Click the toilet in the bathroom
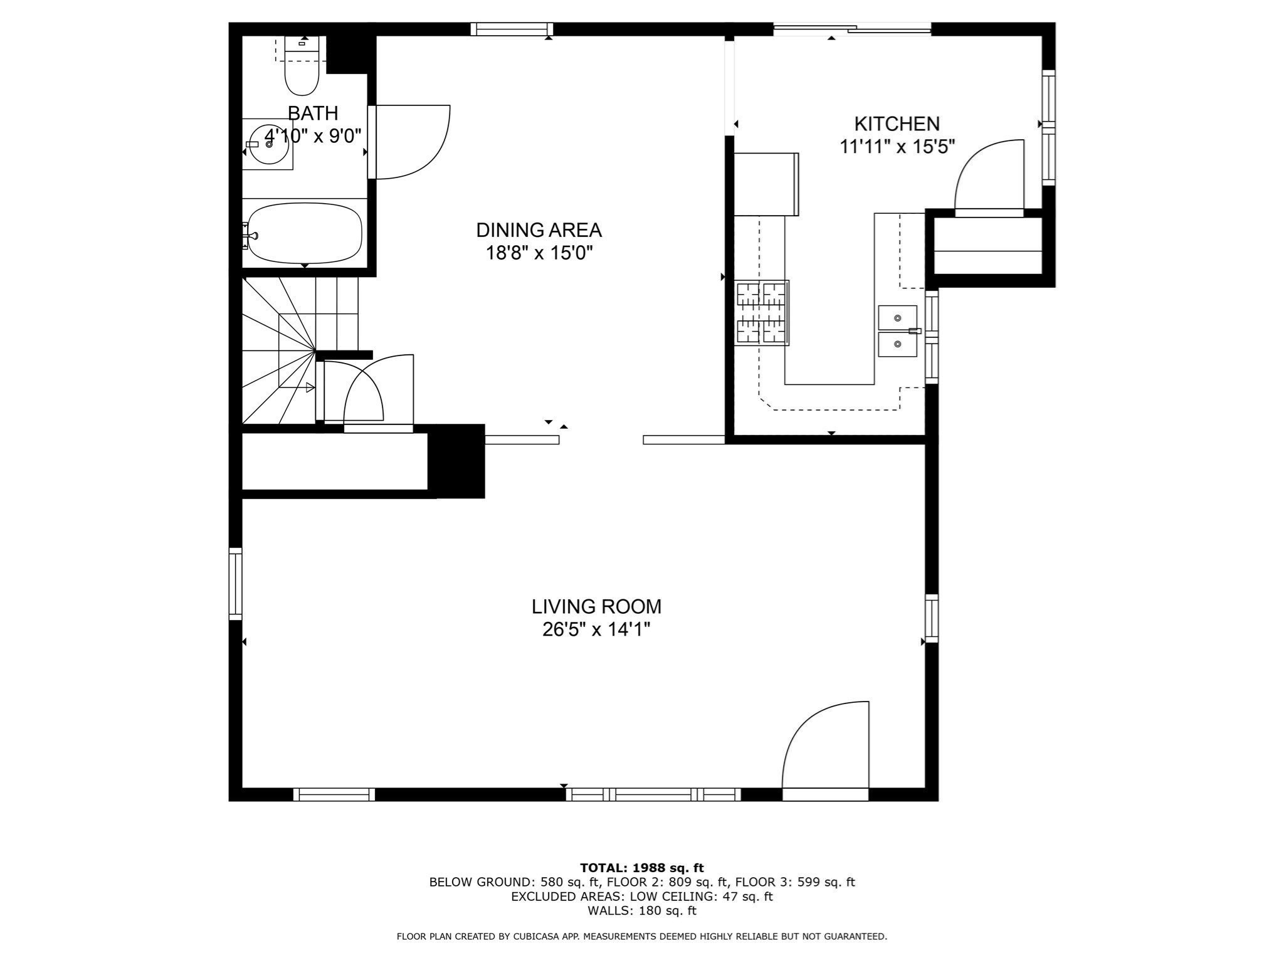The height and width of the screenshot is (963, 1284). (302, 68)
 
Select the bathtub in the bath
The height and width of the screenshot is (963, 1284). (305, 233)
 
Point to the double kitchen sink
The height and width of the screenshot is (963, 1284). (897, 331)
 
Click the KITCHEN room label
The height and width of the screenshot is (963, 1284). (897, 124)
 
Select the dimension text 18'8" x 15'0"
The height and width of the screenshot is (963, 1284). (539, 253)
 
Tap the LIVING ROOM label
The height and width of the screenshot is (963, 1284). (596, 607)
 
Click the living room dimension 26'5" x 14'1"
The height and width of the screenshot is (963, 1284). (596, 629)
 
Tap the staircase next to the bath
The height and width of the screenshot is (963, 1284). (295, 351)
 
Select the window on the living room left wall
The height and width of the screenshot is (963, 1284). (236, 584)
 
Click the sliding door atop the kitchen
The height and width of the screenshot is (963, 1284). (851, 28)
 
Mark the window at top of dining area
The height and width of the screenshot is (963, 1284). (512, 29)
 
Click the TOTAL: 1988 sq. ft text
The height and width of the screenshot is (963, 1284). (641, 868)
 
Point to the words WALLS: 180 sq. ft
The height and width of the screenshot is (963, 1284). (641, 911)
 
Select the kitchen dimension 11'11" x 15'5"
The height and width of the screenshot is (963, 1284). (897, 147)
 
